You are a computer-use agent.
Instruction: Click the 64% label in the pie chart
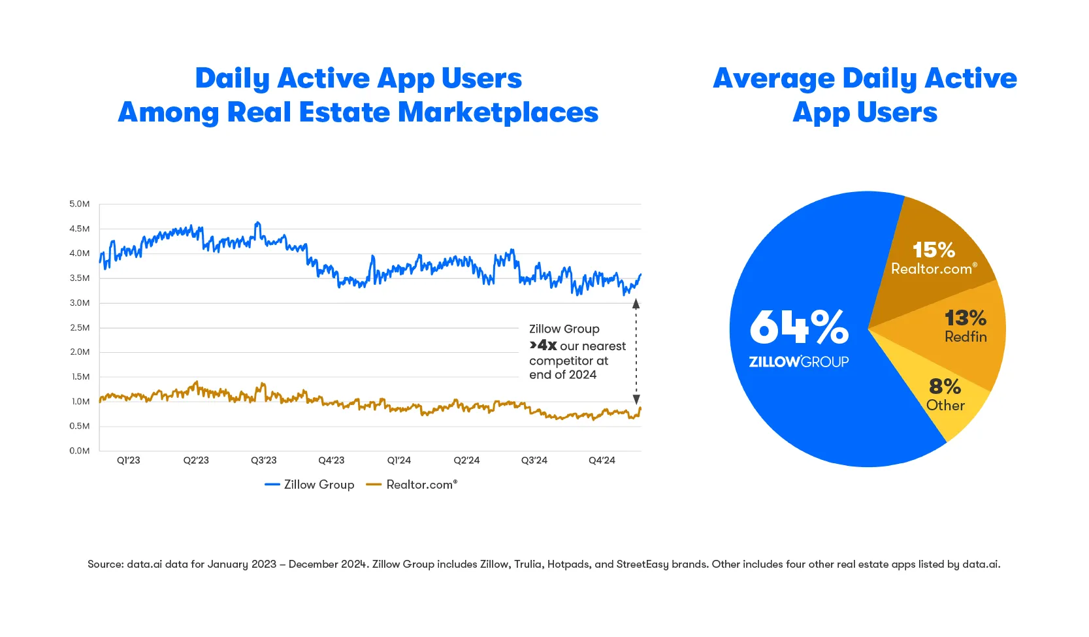[x=798, y=327]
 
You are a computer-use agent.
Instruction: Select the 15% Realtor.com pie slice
[x=934, y=259]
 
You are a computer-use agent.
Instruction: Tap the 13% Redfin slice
[x=966, y=326]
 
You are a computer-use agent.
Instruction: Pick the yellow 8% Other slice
[x=945, y=395]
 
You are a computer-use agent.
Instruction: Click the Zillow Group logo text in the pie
[x=798, y=362]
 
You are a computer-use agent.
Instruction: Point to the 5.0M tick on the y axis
[x=80, y=204]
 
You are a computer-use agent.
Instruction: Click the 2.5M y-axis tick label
[x=80, y=327]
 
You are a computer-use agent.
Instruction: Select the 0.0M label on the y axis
[x=80, y=451]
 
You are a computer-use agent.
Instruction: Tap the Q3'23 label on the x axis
[x=264, y=461]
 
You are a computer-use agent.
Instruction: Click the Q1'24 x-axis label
[x=399, y=461]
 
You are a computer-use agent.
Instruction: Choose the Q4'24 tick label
[x=602, y=461]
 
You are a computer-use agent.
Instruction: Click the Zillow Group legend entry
[x=310, y=485]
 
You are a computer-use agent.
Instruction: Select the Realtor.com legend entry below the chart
[x=412, y=485]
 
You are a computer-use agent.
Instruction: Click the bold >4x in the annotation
[x=544, y=346]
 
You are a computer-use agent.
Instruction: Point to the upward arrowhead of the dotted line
[x=636, y=304]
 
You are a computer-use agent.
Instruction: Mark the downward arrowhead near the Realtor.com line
[x=636, y=399]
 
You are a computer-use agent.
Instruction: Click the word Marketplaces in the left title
[x=498, y=112]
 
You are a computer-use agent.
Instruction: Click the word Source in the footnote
[x=105, y=564]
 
